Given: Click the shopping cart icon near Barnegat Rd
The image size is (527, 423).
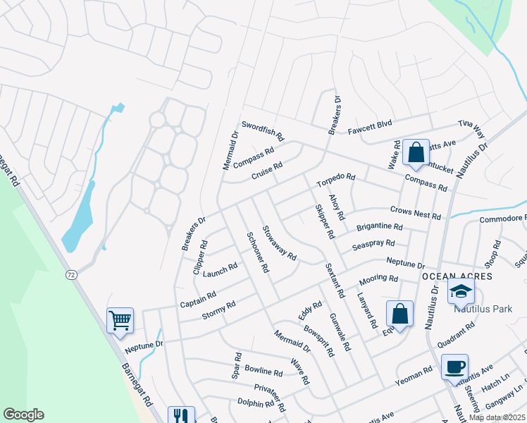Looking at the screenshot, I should click(x=120, y=320).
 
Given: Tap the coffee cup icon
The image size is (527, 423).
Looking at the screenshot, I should click(x=455, y=366).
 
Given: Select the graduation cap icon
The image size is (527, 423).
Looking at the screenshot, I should click(x=461, y=290).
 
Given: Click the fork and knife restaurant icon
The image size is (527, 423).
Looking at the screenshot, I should click(x=180, y=416).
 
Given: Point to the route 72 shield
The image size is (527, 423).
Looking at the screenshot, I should click(x=70, y=274).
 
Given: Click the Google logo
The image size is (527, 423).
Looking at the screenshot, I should click(x=23, y=415).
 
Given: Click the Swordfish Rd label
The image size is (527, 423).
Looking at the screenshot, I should click(x=262, y=129).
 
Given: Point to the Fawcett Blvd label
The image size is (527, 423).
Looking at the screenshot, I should click(x=369, y=128).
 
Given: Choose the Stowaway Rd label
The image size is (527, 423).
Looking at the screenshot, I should click(x=278, y=242).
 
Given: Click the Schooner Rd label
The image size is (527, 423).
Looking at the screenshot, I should click(x=257, y=252).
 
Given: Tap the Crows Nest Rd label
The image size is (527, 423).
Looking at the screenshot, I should click(x=415, y=212).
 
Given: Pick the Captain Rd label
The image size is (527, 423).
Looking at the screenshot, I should click(x=198, y=299).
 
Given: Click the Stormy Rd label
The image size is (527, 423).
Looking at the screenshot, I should click(x=218, y=309).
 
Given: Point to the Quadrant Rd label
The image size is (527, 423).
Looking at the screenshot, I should click(x=455, y=336).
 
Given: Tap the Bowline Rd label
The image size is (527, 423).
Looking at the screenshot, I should click(x=263, y=370).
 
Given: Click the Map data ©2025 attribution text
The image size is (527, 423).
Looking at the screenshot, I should click(x=496, y=417).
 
